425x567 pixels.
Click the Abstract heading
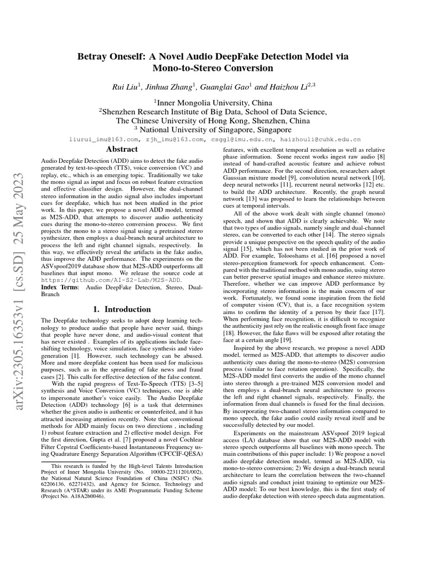(121, 150)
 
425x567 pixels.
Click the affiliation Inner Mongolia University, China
(213, 102)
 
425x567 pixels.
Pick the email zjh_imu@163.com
(173, 140)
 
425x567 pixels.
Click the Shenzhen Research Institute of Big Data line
(213, 111)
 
